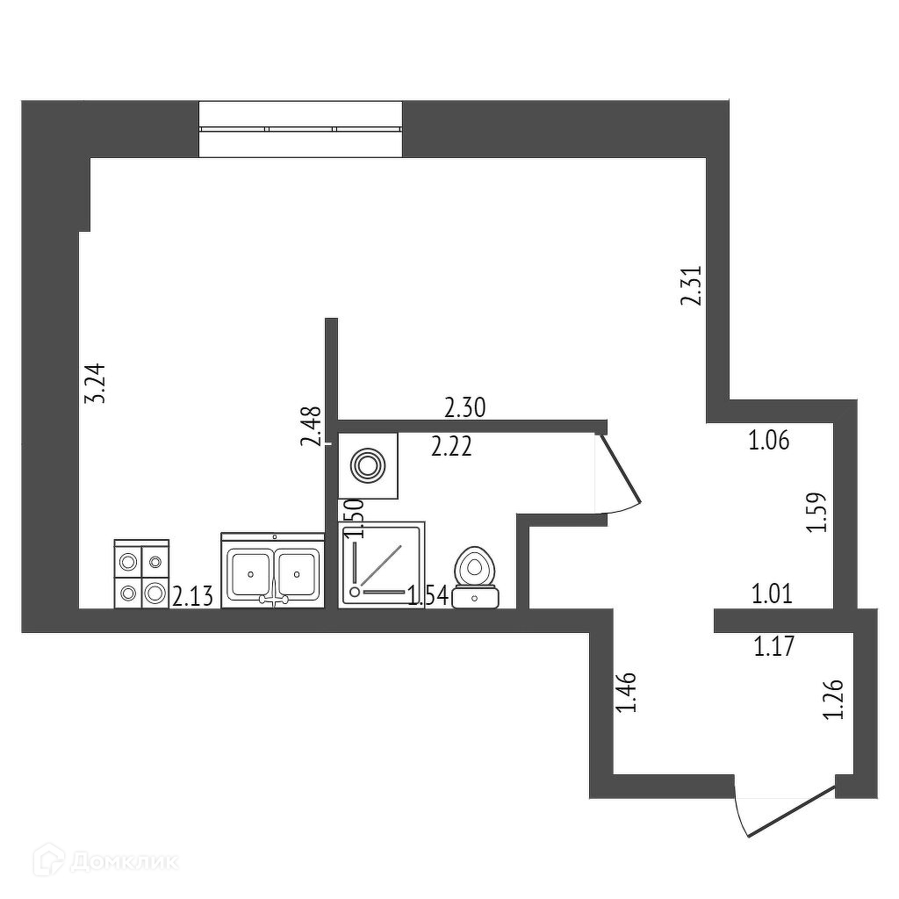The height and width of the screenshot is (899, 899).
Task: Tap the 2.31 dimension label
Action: point(693,286)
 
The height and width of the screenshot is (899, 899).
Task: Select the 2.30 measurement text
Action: point(465,407)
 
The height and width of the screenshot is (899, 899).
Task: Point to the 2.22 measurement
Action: point(452,448)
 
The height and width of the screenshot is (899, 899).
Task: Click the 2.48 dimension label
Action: point(310,427)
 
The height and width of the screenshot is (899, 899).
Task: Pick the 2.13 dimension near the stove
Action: point(192,598)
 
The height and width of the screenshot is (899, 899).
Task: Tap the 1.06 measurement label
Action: point(769,441)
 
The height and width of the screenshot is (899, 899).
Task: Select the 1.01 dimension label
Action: point(773,595)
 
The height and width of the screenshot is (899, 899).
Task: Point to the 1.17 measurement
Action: point(773,649)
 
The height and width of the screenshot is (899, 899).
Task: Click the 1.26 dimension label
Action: point(834,700)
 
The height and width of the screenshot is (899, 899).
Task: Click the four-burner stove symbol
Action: point(141,574)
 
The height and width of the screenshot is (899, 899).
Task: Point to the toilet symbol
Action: point(476,578)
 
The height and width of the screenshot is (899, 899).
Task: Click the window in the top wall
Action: point(300,129)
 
